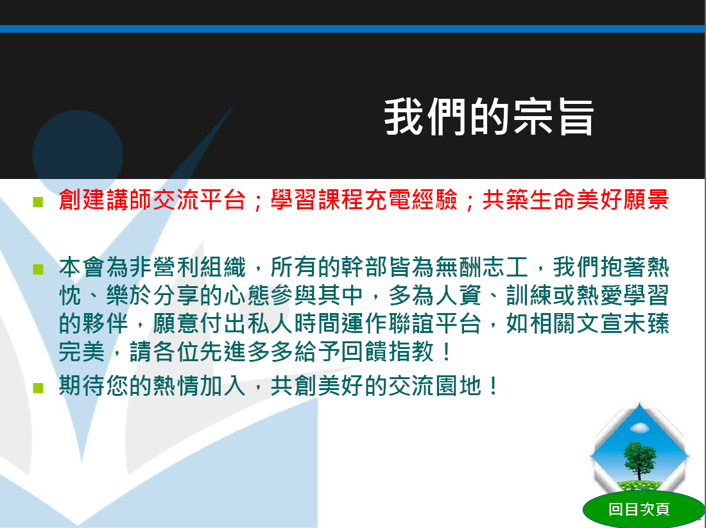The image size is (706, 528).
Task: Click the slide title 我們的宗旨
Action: coord(489,117)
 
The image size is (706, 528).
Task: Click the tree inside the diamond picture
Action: coord(639,460)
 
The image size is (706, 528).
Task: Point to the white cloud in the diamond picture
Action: coord(639,427)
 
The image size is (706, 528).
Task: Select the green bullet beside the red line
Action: coord(39,201)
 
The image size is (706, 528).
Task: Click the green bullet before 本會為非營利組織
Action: coord(39,269)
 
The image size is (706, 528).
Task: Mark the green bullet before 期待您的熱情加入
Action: coord(39,387)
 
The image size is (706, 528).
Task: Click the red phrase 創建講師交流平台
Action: coord(152,200)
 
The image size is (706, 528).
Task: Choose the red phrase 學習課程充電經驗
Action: coord(364,200)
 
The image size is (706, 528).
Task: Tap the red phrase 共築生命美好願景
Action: coord(576,200)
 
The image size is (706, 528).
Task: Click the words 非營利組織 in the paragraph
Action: coord(187,268)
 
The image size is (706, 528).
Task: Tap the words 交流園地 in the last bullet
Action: coord(435,386)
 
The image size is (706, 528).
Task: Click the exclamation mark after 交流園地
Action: coord(494,386)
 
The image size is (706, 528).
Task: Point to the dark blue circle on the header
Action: coord(78,155)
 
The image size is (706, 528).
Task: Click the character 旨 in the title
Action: coord(576,117)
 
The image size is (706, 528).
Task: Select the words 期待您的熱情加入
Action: coord(152,386)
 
